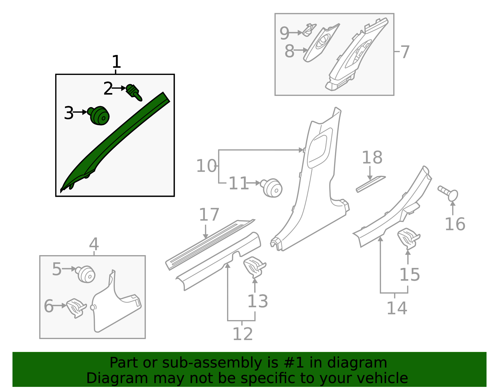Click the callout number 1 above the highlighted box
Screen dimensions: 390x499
116,62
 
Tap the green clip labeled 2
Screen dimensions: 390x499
133,92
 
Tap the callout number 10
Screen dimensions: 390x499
206,166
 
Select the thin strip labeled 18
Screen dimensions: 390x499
371,184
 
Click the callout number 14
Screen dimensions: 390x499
397,308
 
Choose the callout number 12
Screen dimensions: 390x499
243,334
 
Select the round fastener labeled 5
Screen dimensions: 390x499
86,274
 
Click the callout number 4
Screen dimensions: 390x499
94,244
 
